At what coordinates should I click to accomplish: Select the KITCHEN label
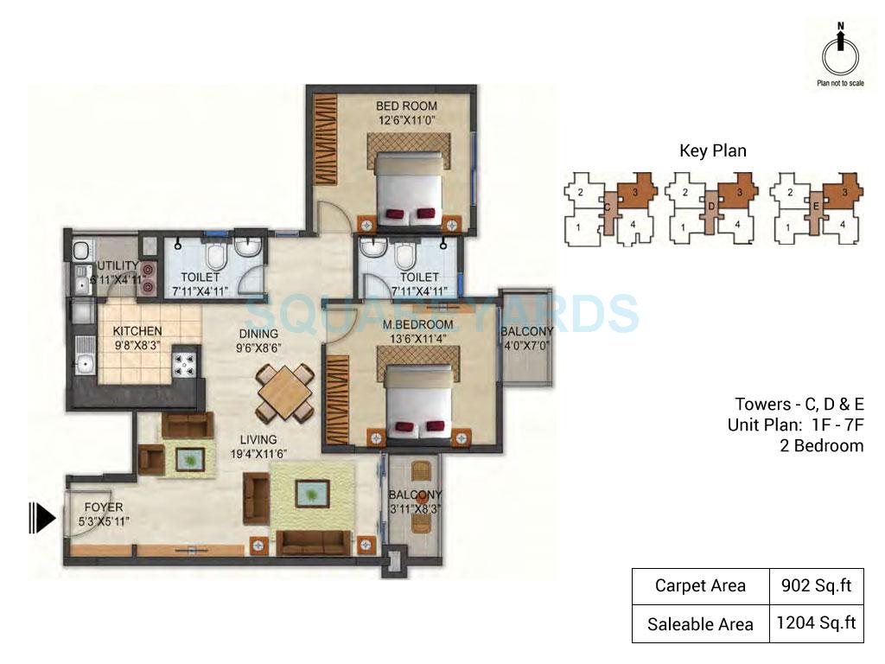(137, 331)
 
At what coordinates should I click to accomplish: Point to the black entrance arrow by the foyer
(42, 518)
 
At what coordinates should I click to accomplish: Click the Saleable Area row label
(699, 623)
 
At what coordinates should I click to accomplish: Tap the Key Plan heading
(712, 150)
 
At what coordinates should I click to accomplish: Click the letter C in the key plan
(607, 207)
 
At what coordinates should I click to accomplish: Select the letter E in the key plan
(815, 207)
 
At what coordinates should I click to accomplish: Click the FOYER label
(103, 508)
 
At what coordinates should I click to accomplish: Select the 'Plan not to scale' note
(840, 84)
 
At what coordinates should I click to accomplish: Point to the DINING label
(258, 334)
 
